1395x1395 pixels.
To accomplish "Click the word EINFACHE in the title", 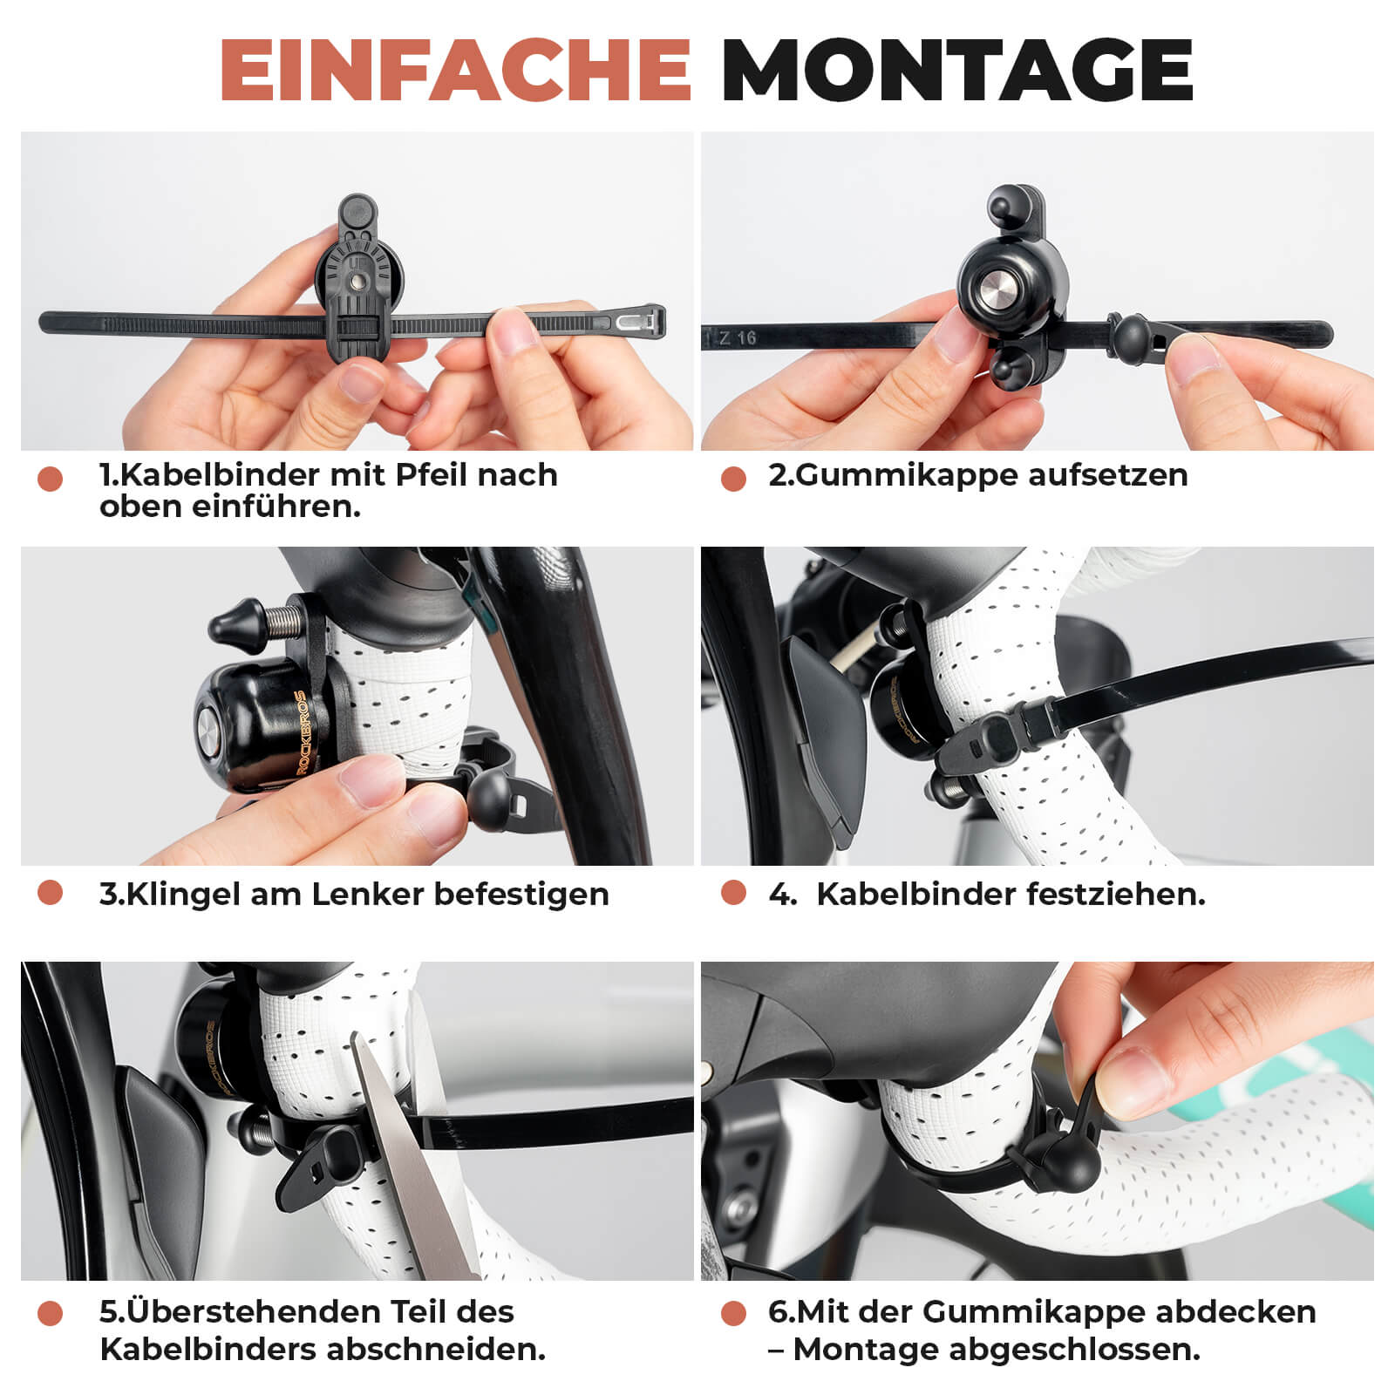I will click(x=454, y=70).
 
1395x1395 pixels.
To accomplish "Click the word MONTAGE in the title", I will click(x=956, y=70).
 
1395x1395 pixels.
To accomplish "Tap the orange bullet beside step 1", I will click(x=51, y=479).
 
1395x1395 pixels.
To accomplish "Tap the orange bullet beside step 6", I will click(x=734, y=1313).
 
